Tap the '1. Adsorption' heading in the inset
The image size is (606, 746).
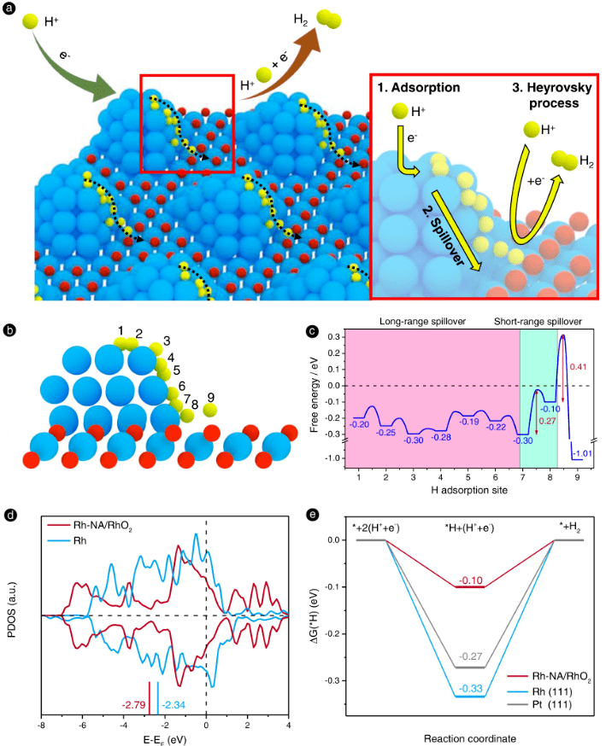pos(418,88)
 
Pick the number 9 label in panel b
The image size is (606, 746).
pos(211,396)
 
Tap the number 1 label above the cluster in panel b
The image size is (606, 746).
pos(121,330)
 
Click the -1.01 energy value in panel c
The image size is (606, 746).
pos(583,452)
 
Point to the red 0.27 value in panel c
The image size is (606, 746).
pos(547,420)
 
